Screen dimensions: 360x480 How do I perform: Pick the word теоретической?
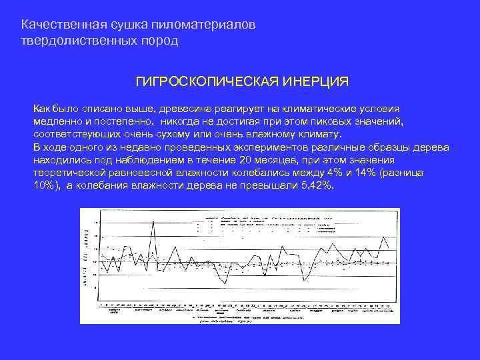coord(70,173)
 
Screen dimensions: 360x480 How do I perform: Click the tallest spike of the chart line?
coord(154,222)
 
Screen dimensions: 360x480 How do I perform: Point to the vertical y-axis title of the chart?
coord(86,257)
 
